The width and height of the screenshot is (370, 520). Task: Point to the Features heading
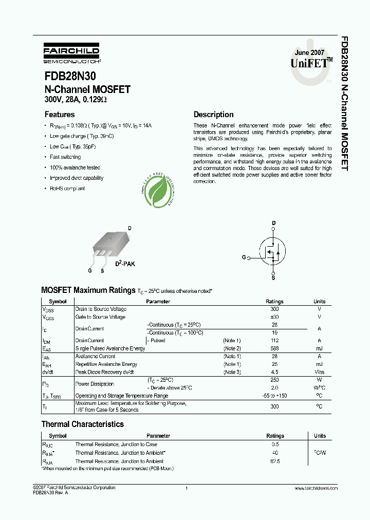coord(59,115)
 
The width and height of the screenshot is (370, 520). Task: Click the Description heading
coord(213,115)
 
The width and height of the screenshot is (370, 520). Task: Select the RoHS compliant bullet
coord(67,189)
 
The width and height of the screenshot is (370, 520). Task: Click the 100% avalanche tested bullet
coord(75,168)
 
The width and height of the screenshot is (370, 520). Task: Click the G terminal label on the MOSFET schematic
coord(244,258)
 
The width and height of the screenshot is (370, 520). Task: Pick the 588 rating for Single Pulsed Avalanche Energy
coord(274,348)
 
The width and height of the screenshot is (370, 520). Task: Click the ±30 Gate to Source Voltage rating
coord(274,317)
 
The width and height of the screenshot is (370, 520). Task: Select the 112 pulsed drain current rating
coord(274,340)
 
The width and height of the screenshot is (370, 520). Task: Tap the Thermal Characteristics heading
coord(82,424)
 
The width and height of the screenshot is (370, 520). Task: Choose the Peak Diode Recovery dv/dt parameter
coord(104,372)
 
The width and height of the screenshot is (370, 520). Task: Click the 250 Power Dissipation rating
coord(274,380)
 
